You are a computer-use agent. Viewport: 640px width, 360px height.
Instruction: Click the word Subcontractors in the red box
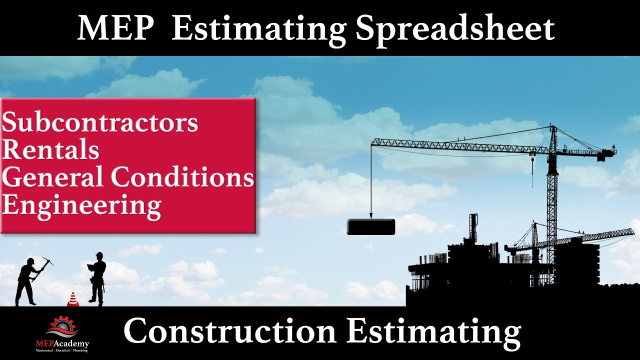100,123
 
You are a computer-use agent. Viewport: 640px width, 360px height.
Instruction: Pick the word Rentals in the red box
50,150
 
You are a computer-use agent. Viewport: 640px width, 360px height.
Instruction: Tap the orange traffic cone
72,299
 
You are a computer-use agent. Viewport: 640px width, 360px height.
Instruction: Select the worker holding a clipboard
97,277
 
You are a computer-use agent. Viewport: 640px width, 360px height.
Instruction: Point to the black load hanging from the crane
371,227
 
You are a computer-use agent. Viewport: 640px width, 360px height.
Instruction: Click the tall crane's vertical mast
552,200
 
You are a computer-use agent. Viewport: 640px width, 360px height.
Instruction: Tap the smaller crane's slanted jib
585,238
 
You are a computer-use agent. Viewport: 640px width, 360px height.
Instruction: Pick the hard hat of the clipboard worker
99,255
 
